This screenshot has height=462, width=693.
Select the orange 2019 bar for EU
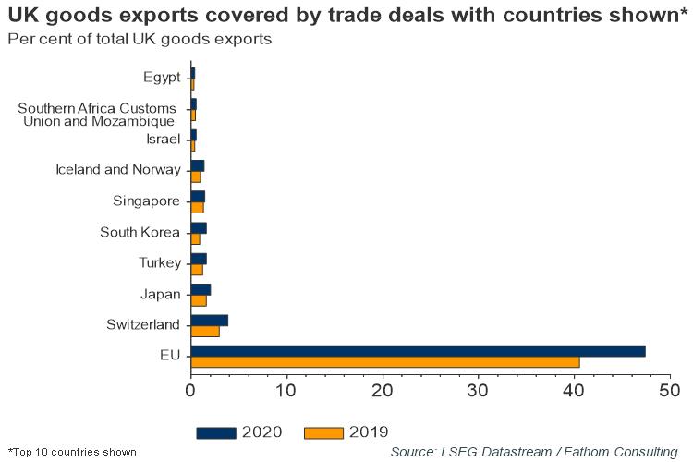(x=384, y=362)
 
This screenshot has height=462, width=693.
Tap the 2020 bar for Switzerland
(x=209, y=320)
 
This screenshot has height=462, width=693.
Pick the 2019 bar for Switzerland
(x=204, y=331)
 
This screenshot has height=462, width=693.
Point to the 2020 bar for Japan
(x=200, y=289)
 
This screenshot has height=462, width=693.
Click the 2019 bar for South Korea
(x=195, y=238)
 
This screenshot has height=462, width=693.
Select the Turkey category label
(x=160, y=263)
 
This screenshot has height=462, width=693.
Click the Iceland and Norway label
(x=117, y=170)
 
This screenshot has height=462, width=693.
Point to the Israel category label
(x=164, y=140)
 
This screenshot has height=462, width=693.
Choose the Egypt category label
(x=162, y=77)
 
